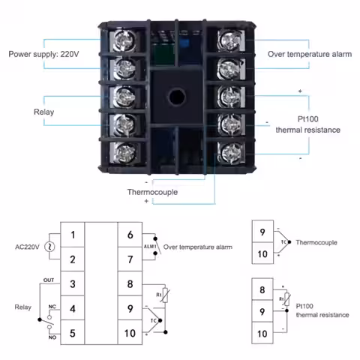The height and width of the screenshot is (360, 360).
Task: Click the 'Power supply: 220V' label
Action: tap(43, 54)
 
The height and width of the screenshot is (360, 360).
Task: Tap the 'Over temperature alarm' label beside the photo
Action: tap(310, 54)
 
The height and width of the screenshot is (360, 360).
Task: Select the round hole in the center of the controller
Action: tap(177, 97)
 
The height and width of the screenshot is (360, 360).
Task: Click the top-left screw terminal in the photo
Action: tap(125, 40)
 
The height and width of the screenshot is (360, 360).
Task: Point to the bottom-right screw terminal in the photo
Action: tap(231, 153)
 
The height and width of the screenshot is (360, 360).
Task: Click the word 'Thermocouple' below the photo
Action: tap(152, 192)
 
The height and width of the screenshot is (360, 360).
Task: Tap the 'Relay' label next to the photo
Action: tap(43, 112)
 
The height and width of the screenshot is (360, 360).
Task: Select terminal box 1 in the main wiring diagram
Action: tap(73, 235)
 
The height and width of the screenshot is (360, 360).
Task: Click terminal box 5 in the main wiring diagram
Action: tap(73, 333)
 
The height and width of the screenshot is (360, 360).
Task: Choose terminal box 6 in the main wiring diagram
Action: tap(130, 235)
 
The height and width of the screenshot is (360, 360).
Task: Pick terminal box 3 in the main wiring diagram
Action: tap(73, 283)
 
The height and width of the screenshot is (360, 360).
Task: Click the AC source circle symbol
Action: tap(49, 247)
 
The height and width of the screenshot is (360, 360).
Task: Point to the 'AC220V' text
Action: tap(27, 247)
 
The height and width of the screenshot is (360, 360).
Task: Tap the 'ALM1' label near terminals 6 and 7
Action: tap(150, 247)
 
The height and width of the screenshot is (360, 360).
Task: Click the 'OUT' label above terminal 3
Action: tap(49, 280)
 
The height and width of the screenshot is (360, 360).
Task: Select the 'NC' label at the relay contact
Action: tap(52, 307)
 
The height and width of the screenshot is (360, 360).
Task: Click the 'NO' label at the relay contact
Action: tap(52, 337)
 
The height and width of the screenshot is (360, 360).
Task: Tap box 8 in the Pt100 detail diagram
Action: tap(262, 289)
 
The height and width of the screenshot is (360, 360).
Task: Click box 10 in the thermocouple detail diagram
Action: tap(262, 253)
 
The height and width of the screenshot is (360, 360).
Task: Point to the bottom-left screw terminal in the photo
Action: tap(124, 153)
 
